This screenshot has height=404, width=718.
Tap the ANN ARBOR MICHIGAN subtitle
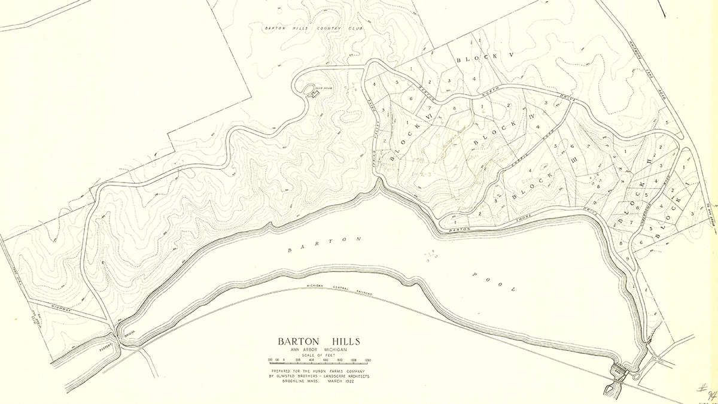pos(319,351)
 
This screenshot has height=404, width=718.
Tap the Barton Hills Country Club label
pos(314,28)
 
